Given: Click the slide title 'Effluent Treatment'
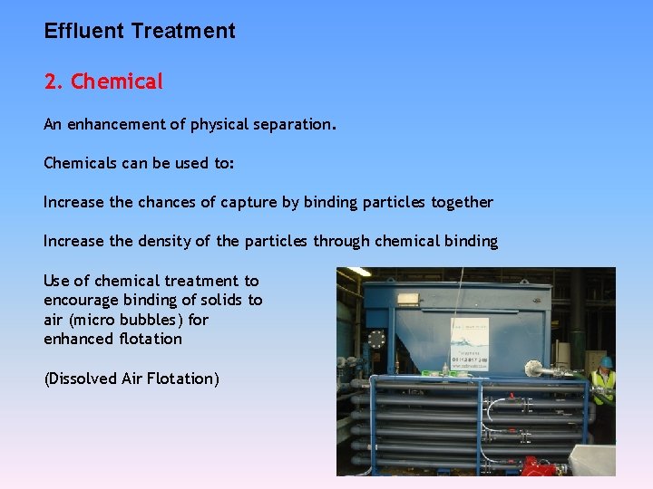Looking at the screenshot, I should coord(140,31).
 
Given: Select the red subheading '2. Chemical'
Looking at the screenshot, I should coord(103,81).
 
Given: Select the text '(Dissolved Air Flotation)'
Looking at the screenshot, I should coord(132,379).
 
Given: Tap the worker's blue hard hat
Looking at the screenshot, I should coord(607,361).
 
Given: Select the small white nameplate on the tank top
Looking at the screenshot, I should coord(408,298).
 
